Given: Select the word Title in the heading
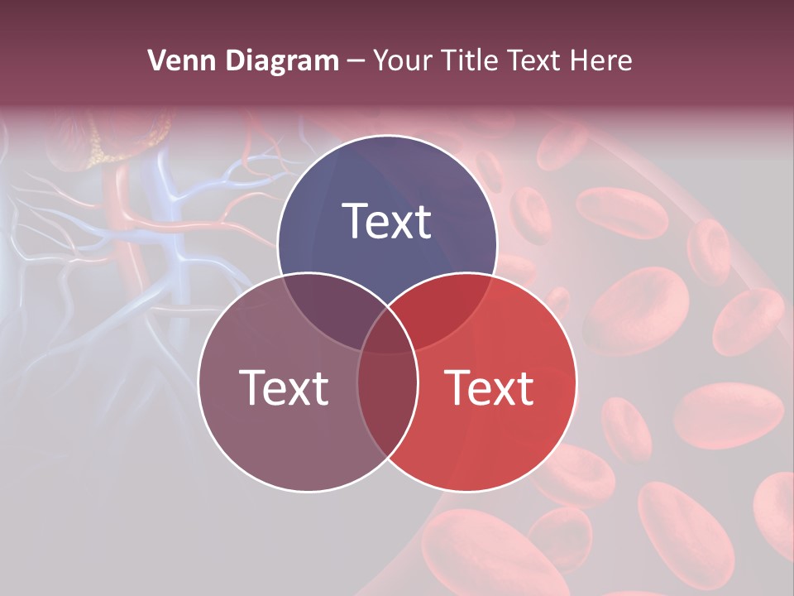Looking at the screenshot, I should pyautogui.click(x=469, y=60).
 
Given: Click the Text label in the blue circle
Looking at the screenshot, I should pyautogui.click(x=387, y=221).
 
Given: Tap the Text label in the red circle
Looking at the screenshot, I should pyautogui.click(x=490, y=387).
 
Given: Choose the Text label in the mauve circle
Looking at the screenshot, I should pyautogui.click(x=284, y=387).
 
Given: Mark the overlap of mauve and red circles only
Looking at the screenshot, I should pyautogui.click(x=387, y=406).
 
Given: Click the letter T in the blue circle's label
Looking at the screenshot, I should pyautogui.click(x=356, y=221).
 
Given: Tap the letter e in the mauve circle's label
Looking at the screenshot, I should pyautogui.click(x=273, y=391).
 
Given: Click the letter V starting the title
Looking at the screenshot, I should pyautogui.click(x=156, y=60).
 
